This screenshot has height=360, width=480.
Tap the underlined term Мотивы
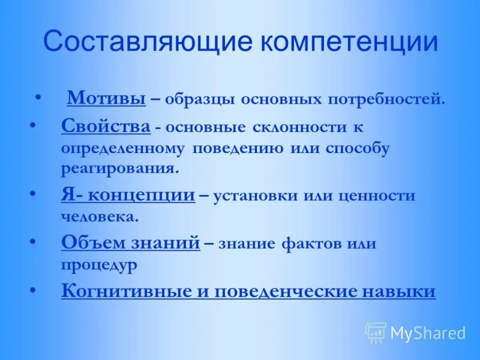[106, 97]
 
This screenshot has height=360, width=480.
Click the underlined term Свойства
[106, 127]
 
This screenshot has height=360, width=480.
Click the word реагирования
[119, 168]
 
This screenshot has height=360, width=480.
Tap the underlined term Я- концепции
[128, 196]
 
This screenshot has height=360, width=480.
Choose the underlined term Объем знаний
[130, 243]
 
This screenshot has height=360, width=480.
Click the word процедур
[100, 264]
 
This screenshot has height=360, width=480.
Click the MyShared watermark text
[428, 333]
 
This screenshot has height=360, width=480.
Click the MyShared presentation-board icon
[376, 332]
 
